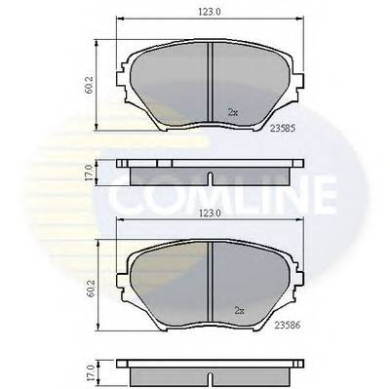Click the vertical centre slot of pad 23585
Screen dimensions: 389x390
(x=213, y=83)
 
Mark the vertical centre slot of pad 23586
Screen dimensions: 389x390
(x=213, y=283)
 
